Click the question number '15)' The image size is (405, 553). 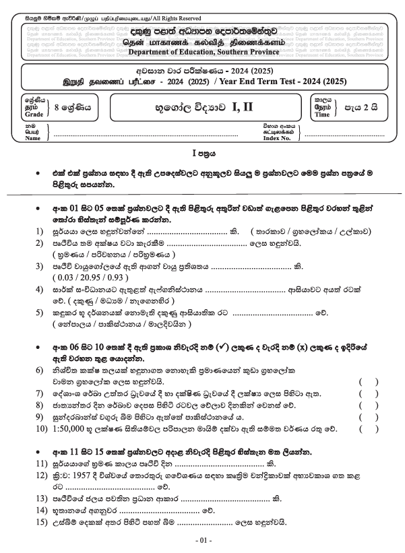point(40,522)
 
